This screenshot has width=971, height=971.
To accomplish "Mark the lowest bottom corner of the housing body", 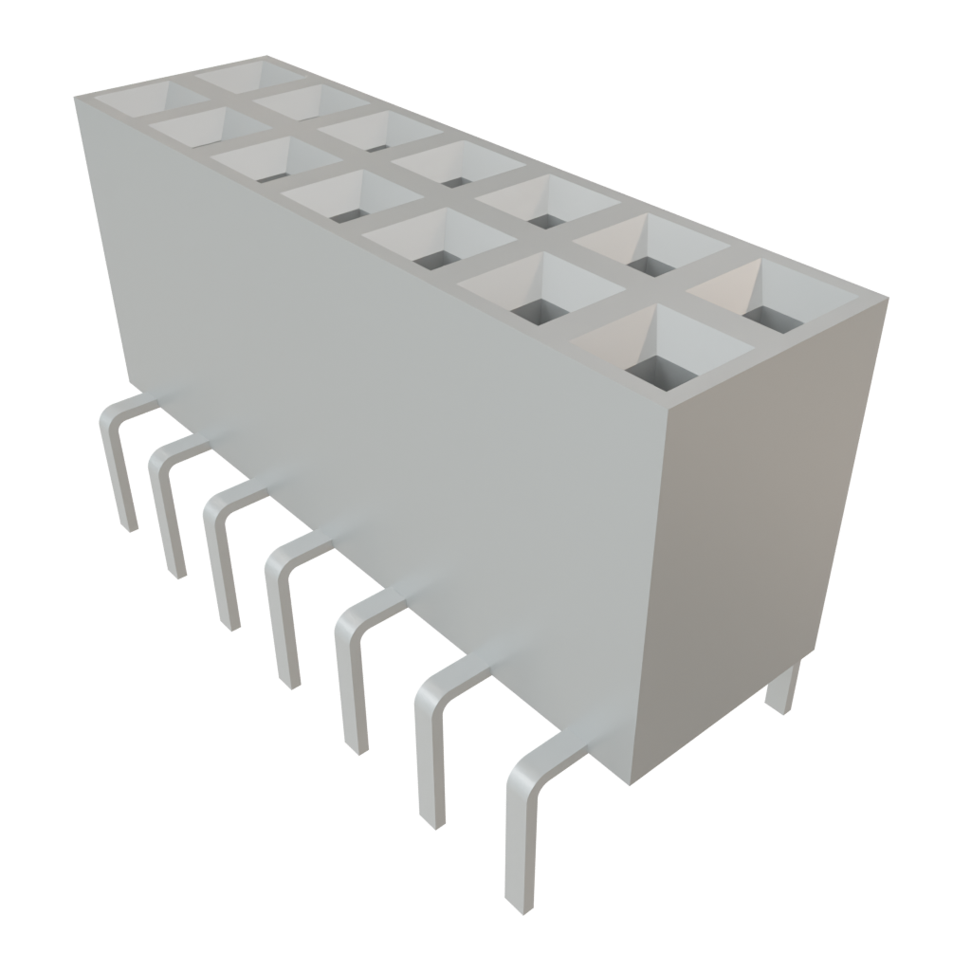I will [628, 783].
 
